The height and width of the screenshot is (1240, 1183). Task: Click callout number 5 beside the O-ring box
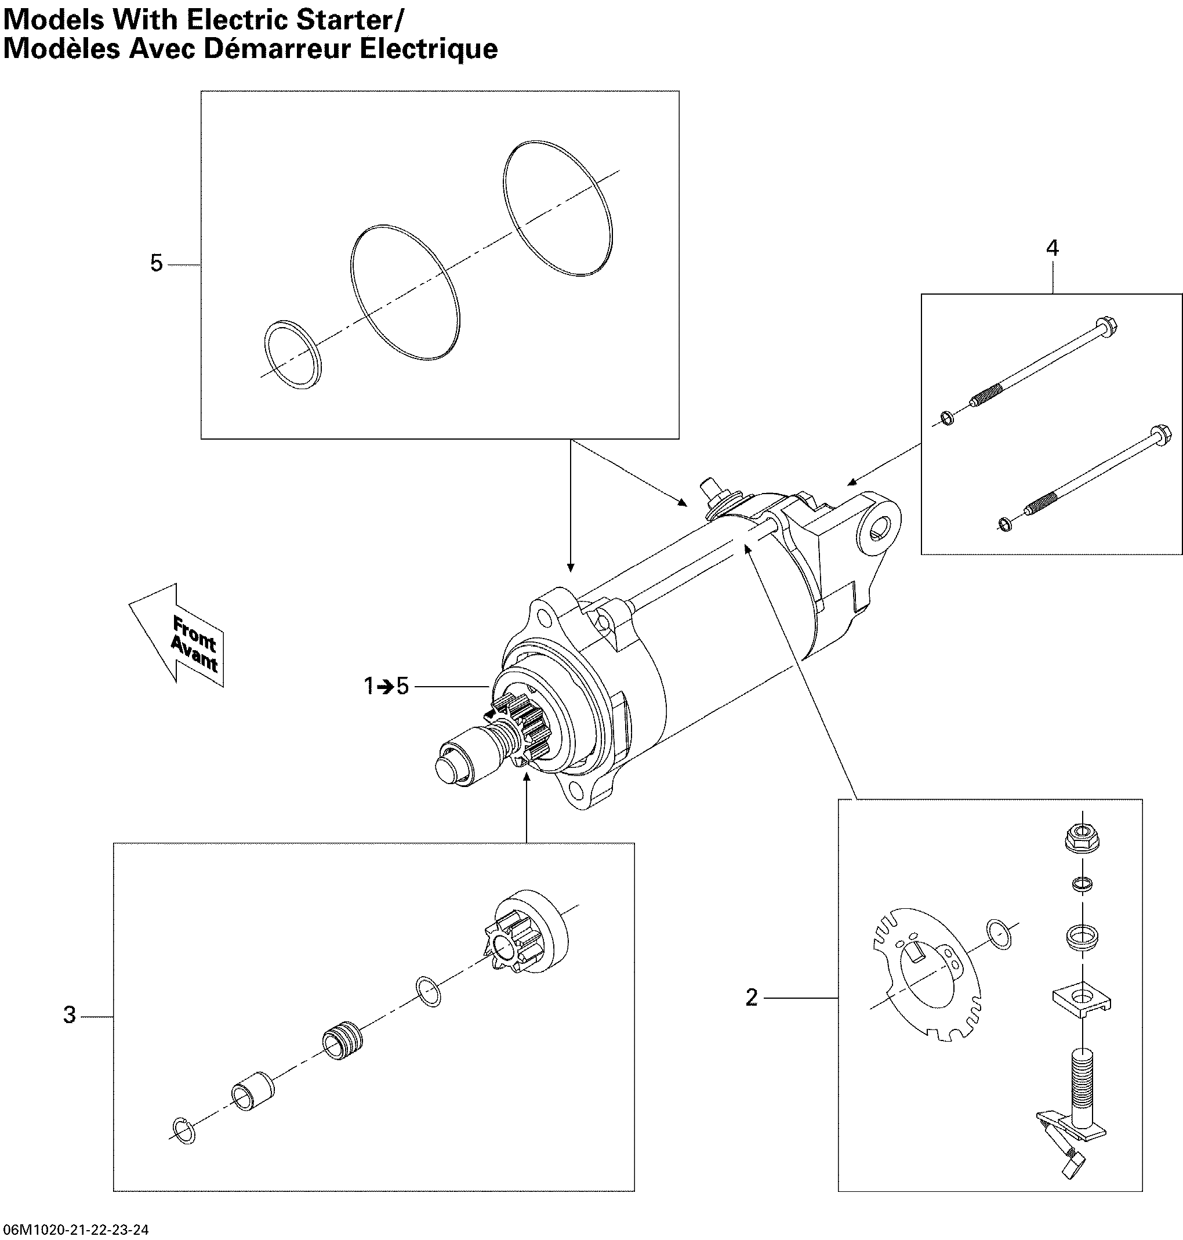157,263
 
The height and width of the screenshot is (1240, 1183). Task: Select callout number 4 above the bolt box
1053,248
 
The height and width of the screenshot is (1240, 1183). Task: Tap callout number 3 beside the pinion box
70,1014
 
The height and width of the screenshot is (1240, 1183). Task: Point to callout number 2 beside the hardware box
751,997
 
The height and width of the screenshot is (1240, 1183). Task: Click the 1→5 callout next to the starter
386,686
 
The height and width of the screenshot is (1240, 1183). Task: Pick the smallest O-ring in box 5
291,354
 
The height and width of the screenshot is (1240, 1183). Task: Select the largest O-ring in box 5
558,208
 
